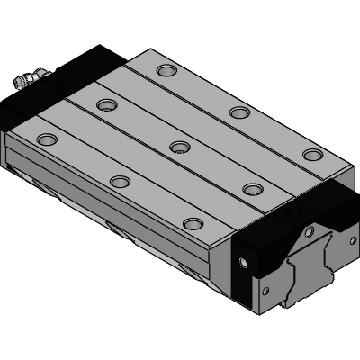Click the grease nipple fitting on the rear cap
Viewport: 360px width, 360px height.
pyautogui.click(x=26, y=82)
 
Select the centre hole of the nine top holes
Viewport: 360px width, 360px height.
pyautogui.click(x=179, y=146)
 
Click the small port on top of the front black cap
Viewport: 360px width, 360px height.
pyautogui.click(x=298, y=213)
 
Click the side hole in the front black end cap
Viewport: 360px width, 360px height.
pyautogui.click(x=242, y=264)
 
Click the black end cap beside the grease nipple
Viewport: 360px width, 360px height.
pyautogui.click(x=63, y=85)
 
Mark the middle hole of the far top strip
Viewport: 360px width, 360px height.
pyautogui.click(x=238, y=112)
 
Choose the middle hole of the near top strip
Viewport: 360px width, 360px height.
pyautogui.click(x=120, y=182)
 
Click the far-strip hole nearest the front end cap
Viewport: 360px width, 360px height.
pyautogui.click(x=311, y=154)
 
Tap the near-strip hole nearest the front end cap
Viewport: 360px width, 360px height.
pyautogui.click(x=192, y=223)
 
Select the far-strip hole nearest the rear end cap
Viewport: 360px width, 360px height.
pyautogui.click(x=166, y=70)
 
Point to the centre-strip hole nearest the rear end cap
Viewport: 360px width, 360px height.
pyautogui.click(x=106, y=104)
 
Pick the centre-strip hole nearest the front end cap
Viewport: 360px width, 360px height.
pyautogui.click(x=253, y=189)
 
